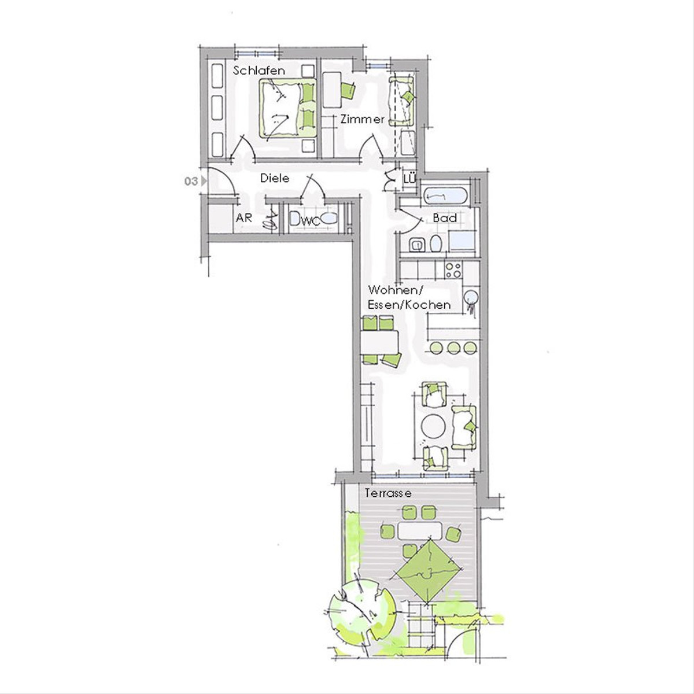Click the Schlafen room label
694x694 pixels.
259,71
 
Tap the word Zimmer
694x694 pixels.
362,119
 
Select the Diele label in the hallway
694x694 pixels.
275,178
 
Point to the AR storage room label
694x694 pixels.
244,218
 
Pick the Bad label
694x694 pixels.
445,218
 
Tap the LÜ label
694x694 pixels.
410,179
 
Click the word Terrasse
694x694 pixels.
388,493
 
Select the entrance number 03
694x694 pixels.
191,181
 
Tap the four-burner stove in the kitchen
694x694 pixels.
453,270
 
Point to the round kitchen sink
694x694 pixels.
471,298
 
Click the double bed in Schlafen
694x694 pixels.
288,108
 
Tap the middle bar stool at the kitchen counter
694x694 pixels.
453,348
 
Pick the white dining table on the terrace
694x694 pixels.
420,531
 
